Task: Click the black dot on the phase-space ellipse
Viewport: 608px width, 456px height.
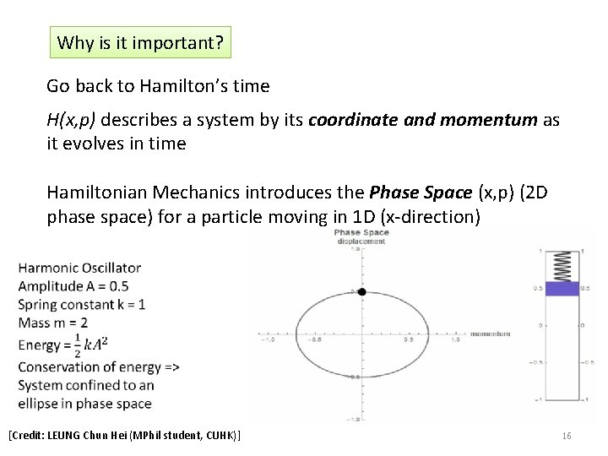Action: coord(361,292)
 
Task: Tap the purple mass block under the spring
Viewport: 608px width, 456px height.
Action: coord(562,289)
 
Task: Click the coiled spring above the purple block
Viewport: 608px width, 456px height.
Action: coord(562,266)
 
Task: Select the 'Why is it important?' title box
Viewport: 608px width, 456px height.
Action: coord(140,42)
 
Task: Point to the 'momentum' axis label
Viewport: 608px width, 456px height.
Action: coord(490,334)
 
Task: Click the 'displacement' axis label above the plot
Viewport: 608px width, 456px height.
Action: coord(361,242)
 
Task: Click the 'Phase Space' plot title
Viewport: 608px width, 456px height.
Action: coord(361,232)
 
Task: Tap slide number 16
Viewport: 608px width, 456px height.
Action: coord(567,436)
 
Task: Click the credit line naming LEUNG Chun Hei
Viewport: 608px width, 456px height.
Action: coord(123,436)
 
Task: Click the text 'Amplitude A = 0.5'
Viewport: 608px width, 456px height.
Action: coord(73,286)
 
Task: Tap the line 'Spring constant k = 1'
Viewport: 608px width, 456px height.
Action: coord(82,304)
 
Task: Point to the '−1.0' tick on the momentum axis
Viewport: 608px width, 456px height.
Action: coord(269,340)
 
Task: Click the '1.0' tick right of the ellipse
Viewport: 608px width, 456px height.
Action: coord(455,340)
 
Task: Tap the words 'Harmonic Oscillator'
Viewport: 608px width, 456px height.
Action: coord(79,268)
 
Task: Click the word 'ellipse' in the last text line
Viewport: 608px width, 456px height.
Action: coord(40,404)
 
